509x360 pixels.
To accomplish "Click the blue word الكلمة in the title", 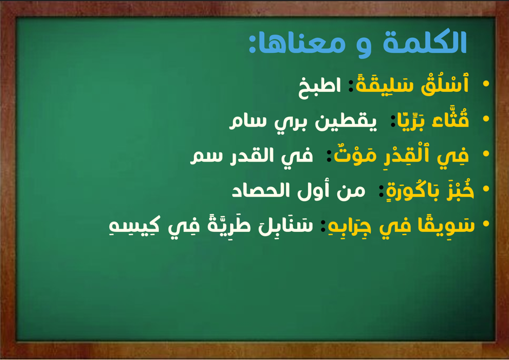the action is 425,42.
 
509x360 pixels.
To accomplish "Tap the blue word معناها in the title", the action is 302,44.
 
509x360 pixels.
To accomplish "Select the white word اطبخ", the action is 319,87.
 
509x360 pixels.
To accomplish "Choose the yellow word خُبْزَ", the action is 460,190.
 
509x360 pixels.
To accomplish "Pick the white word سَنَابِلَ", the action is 286,225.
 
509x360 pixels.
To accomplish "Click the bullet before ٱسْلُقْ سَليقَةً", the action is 486,84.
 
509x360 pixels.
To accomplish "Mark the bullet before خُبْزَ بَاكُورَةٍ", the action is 486,189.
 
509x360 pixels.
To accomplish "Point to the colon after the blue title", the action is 252,44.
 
